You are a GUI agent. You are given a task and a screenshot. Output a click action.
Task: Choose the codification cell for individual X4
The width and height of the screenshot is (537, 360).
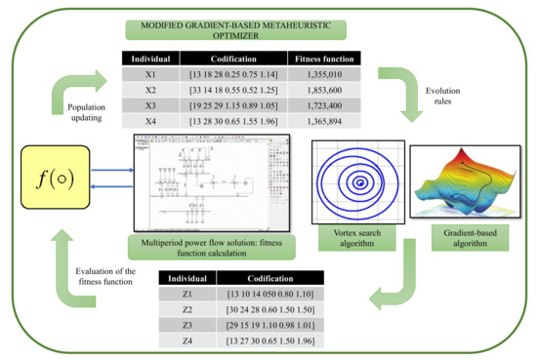click(234, 122)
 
